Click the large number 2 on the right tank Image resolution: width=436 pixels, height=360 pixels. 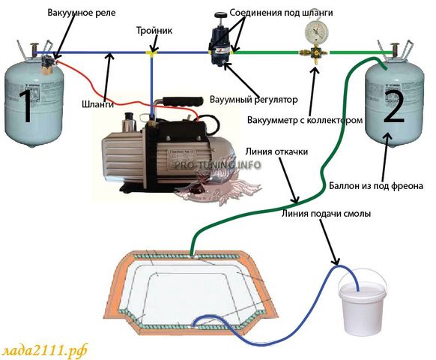(x=394, y=108)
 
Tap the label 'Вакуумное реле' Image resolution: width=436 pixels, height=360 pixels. (x=82, y=13)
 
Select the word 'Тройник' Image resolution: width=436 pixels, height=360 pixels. (x=154, y=30)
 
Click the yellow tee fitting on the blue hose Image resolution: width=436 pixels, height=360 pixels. (x=152, y=52)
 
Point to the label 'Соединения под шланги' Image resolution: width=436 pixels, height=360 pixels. (x=281, y=13)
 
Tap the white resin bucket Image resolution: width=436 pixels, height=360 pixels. (x=362, y=304)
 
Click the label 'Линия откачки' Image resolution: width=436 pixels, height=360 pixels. (x=276, y=151)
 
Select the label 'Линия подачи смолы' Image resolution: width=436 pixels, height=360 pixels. (x=326, y=214)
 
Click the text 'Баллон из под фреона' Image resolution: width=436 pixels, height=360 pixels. (x=376, y=186)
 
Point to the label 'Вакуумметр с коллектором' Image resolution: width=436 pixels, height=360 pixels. (x=305, y=120)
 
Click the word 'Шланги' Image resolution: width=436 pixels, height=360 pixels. (x=98, y=104)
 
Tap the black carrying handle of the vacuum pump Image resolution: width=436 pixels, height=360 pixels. (x=183, y=101)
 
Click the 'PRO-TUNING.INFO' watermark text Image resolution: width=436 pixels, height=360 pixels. (x=218, y=165)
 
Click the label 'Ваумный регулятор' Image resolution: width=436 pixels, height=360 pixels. (x=254, y=100)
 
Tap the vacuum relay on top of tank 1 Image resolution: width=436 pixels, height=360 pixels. (x=49, y=64)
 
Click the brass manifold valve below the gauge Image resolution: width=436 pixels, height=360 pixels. (x=315, y=54)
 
